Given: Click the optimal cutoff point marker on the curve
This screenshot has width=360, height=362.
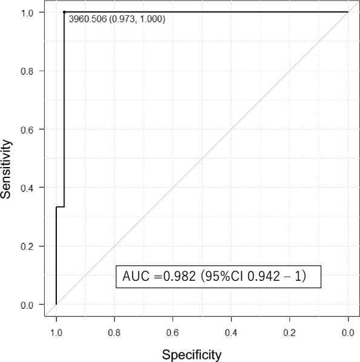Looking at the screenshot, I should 64,12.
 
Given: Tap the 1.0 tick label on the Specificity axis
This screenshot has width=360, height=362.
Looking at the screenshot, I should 56,332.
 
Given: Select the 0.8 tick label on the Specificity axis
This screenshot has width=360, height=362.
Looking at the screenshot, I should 114,332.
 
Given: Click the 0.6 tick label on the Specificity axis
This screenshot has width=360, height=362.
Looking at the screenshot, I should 173,332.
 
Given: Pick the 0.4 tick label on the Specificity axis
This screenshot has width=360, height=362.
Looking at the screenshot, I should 231,332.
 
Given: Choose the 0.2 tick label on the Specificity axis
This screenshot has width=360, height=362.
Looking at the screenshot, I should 290,332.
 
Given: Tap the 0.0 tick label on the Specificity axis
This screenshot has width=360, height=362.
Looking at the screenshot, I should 348,332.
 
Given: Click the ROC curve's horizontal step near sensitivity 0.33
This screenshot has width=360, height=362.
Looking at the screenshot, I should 60,207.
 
